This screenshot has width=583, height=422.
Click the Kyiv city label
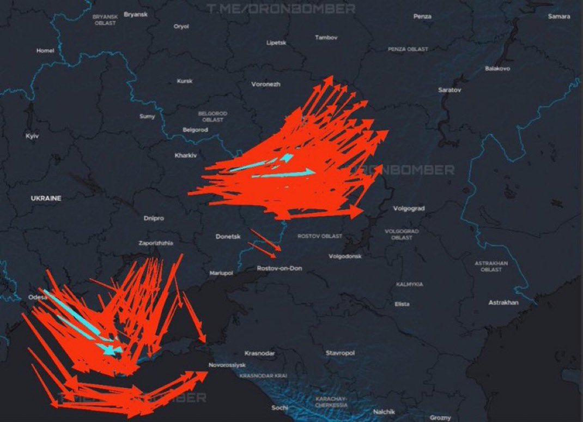coord(32,136)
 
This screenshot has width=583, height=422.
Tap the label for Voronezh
coord(266,85)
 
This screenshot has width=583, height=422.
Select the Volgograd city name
coord(409,208)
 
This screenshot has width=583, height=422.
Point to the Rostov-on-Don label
coord(279,268)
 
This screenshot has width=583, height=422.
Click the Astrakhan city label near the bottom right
coord(503,302)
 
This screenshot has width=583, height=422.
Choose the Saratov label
coord(450,89)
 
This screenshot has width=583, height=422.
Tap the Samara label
coord(559,16)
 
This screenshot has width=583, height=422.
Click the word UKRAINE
coord(46,198)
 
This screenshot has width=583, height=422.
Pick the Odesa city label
coord(38,298)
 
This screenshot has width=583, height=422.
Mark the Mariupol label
coord(221,273)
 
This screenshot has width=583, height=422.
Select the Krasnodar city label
coord(260,353)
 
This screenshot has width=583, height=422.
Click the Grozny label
coord(440,418)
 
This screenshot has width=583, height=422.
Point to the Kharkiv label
coord(185,155)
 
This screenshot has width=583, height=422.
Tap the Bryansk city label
coord(136,14)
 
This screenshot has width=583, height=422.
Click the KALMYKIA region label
coord(409,284)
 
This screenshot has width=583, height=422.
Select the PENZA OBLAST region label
coord(408,49)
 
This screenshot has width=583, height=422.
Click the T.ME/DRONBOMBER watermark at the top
coord(281,9)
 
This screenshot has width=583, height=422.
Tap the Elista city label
coord(402,304)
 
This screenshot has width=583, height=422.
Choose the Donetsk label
coord(227,237)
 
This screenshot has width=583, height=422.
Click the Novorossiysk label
coord(227,365)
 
